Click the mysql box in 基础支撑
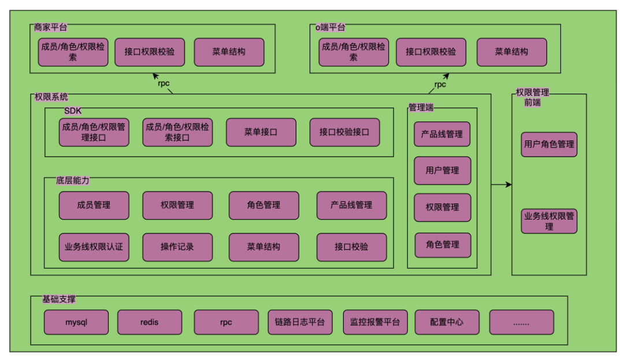pos(76,322)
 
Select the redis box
pos(150,322)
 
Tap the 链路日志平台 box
pos(300,322)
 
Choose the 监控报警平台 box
pos(375,322)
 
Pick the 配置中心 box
pos(447,322)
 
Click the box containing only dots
pos(521,322)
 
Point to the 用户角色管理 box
pos(549,144)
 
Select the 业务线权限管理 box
pos(549,221)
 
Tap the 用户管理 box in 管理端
pos(443,170)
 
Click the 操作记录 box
pos(177,247)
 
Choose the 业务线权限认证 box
pos(94,247)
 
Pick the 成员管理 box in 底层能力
pos(94,205)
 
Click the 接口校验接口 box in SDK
pos(344,132)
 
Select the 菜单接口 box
pos(261,132)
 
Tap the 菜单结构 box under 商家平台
pos(229,52)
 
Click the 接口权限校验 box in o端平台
pos(430,52)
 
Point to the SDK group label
pos(73,111)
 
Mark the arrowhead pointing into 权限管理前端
pos(508,185)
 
